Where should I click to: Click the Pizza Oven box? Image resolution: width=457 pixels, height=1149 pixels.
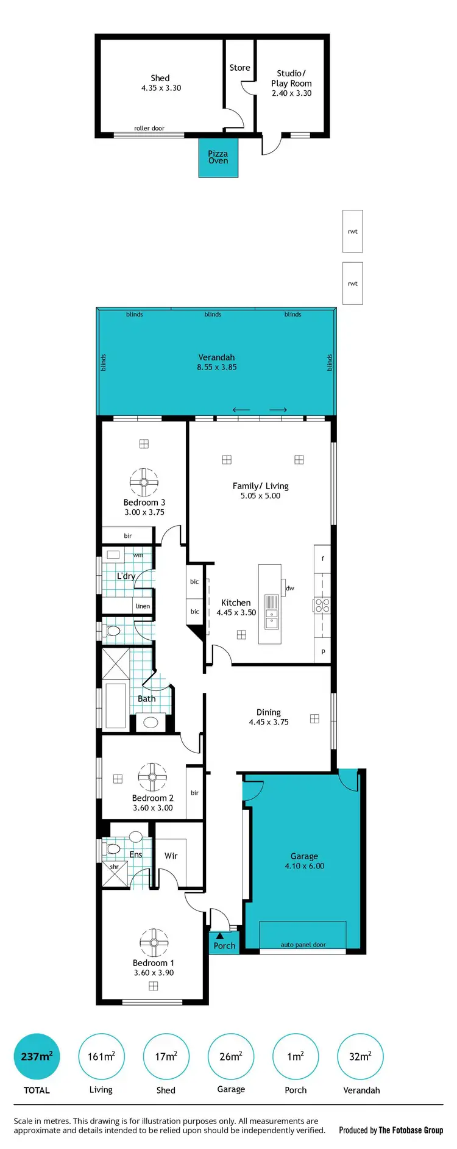pyautogui.click(x=218, y=157)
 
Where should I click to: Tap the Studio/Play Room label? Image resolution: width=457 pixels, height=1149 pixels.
pyautogui.click(x=291, y=78)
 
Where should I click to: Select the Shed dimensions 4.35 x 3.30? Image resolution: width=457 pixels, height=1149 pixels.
pyautogui.click(x=161, y=88)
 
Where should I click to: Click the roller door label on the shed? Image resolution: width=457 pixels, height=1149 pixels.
pyautogui.click(x=149, y=129)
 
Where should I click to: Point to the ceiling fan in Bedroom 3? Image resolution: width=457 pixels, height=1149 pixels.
pyautogui.click(x=144, y=482)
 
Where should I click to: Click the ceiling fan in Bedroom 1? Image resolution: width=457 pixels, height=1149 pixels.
pyautogui.click(x=154, y=943)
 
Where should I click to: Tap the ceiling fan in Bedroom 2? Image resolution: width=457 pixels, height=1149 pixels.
pyautogui.click(x=152, y=778)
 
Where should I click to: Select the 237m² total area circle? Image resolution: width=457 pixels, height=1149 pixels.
pyautogui.click(x=37, y=1056)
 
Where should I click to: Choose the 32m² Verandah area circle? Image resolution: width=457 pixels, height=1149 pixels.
pyautogui.click(x=360, y=1056)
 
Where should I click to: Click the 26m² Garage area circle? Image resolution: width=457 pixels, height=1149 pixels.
pyautogui.click(x=231, y=1056)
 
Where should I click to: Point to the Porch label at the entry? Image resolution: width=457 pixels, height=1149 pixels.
pyautogui.click(x=224, y=946)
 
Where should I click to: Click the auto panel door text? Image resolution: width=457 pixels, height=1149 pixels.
pyautogui.click(x=303, y=945)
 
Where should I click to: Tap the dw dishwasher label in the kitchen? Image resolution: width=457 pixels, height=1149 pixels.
pyautogui.click(x=290, y=589)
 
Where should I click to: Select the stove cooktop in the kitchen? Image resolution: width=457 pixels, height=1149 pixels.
pyautogui.click(x=322, y=606)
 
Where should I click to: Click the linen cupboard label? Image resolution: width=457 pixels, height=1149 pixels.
pyautogui.click(x=143, y=606)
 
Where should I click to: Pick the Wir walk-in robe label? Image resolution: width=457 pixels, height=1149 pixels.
pyautogui.click(x=171, y=856)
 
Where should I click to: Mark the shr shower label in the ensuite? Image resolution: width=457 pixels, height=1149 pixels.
pyautogui.click(x=114, y=867)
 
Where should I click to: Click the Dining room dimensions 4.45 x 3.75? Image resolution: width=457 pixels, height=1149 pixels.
pyautogui.click(x=269, y=722)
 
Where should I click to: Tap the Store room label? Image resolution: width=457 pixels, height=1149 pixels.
pyautogui.click(x=239, y=68)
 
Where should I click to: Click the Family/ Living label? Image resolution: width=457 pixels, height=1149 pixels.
pyautogui.click(x=260, y=486)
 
